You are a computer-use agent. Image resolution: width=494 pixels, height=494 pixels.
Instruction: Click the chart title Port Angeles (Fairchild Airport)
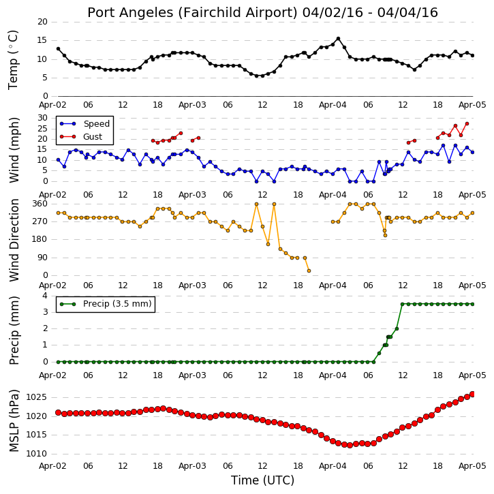click(192, 12)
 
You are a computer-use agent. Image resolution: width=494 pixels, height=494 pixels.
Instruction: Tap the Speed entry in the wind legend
click(84, 123)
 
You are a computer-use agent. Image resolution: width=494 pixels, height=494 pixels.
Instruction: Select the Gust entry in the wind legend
click(81, 136)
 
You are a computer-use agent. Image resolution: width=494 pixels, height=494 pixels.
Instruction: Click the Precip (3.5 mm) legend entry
click(106, 304)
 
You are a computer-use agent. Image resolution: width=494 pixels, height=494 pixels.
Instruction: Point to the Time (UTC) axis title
click(262, 480)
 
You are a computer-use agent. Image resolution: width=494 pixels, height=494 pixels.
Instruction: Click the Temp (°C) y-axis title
click(13, 60)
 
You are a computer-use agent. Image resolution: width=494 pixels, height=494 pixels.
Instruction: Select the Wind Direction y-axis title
click(14, 240)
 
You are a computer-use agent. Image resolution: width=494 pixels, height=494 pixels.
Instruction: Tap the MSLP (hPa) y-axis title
click(14, 420)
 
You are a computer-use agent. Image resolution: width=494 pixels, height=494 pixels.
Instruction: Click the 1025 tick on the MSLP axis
click(36, 397)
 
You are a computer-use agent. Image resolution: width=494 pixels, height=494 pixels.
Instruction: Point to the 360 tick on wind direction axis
click(40, 204)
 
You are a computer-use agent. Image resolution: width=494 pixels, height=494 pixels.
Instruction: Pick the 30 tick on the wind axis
click(42, 118)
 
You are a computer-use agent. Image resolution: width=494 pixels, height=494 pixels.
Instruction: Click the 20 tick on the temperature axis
click(42, 22)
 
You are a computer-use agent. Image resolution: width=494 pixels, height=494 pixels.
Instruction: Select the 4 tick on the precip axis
click(45, 296)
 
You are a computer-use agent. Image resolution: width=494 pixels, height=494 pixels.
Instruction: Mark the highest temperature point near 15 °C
click(339, 39)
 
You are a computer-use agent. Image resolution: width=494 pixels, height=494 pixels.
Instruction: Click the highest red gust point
click(467, 124)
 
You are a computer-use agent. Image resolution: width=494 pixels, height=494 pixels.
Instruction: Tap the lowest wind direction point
click(309, 271)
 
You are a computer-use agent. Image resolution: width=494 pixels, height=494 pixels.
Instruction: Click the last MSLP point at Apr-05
click(472, 394)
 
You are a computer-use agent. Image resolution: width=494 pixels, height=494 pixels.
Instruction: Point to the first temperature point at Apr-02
click(59, 49)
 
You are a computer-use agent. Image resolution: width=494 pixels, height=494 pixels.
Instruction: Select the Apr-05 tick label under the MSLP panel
click(472, 466)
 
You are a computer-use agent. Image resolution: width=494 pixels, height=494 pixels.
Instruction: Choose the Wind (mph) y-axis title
click(14, 150)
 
